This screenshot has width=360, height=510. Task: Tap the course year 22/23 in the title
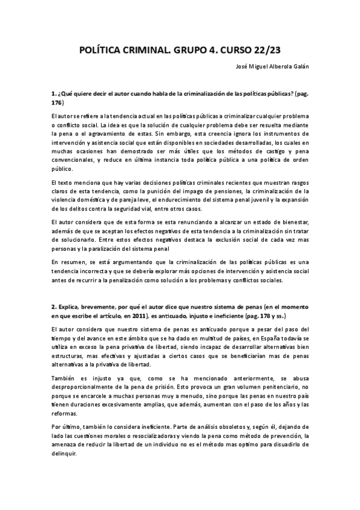click(266, 51)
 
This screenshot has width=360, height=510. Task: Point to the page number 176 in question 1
click(58, 103)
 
